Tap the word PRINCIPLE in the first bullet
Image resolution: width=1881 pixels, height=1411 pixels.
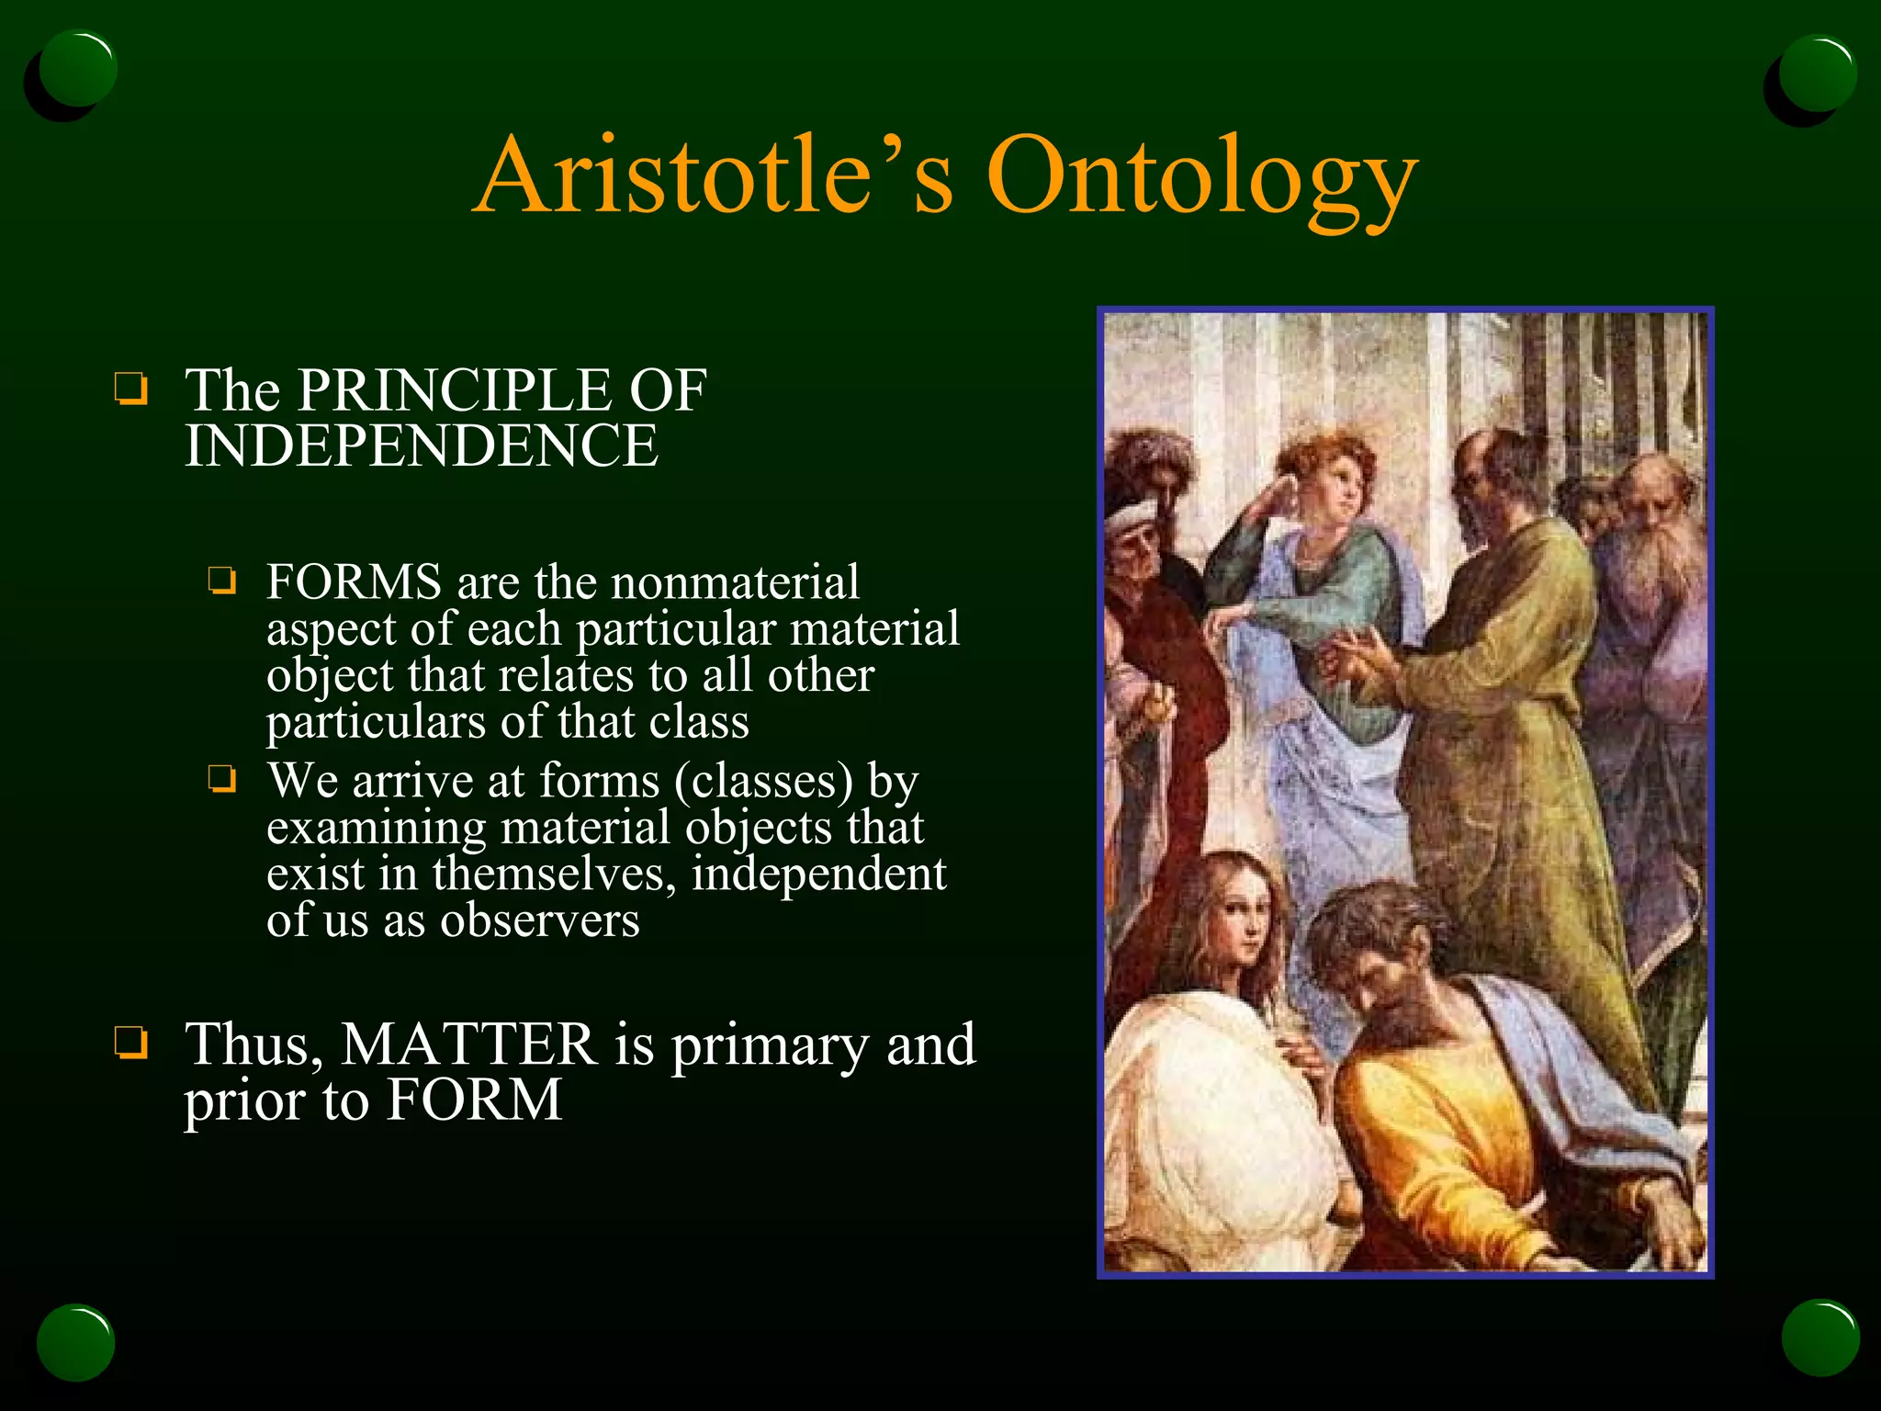click(456, 391)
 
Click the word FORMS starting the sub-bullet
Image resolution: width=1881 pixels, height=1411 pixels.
click(355, 582)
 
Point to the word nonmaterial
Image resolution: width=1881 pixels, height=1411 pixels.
click(735, 582)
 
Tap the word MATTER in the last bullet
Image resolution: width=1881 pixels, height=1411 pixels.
click(468, 1045)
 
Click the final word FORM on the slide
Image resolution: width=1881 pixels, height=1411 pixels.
click(473, 1101)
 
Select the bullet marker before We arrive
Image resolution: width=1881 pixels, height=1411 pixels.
click(221, 780)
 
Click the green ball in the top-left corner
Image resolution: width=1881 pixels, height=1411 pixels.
click(77, 69)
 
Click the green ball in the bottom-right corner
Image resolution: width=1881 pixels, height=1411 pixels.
click(1819, 1338)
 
